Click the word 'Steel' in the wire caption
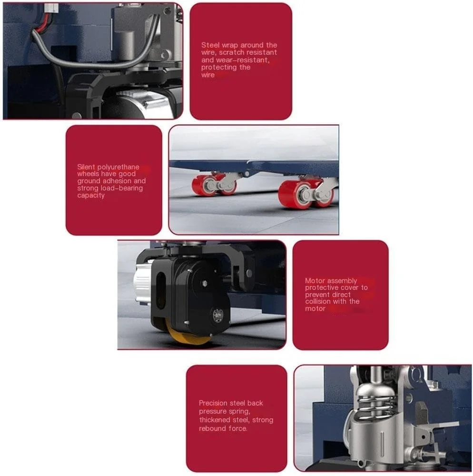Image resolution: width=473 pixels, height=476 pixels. (x=210, y=45)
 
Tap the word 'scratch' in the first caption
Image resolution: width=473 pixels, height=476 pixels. (x=231, y=52)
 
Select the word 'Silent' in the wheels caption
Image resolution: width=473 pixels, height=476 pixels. (x=86, y=167)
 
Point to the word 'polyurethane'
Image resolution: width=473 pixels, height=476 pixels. (x=118, y=167)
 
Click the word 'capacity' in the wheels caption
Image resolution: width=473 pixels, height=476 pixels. (x=91, y=195)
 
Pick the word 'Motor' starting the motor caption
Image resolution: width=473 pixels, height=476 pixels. (x=315, y=281)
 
